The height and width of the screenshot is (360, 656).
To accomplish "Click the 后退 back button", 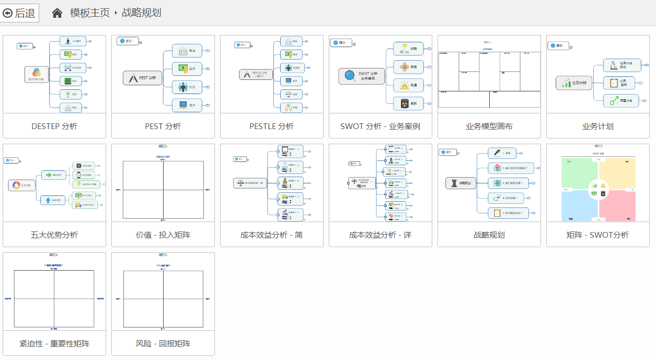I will point(20,13).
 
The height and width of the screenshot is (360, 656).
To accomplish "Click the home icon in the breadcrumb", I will point(57,13).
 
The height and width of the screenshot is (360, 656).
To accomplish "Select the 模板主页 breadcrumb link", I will point(90,13).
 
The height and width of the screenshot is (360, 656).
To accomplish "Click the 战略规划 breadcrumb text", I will point(142,13).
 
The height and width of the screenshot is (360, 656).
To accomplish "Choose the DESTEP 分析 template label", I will point(54,126).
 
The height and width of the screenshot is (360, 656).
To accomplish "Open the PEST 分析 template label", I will point(163,126).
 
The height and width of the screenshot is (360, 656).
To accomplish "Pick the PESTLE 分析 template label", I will point(272,126).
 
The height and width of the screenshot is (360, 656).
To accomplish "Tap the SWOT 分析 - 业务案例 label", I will point(381,126).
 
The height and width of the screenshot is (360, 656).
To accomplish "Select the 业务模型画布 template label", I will point(489,126).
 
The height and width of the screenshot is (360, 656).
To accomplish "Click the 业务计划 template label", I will point(598,126).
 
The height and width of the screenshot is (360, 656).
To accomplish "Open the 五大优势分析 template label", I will point(54,235).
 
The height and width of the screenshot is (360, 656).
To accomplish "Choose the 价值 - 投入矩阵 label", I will point(163,235).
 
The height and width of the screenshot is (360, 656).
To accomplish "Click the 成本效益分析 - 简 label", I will point(272,235).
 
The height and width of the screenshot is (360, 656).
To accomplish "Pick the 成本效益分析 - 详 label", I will point(381,235).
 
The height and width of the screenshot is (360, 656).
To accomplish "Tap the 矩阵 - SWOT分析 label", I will point(598,235).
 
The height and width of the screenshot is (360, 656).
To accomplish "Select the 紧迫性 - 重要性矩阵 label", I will point(54,344).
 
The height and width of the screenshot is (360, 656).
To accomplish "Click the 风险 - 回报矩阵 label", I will point(163,344).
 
